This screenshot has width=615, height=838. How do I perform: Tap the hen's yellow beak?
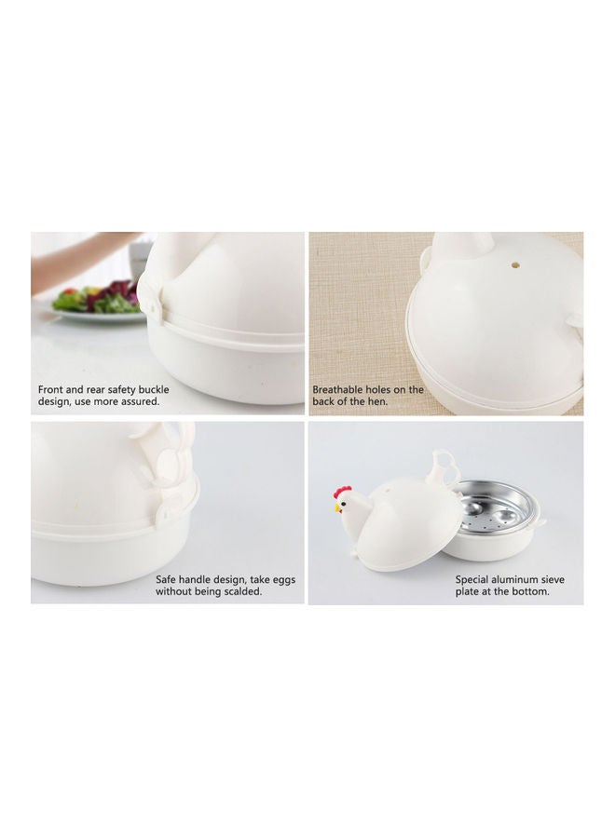click(x=337, y=508)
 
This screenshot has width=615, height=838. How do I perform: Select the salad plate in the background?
click(x=96, y=307)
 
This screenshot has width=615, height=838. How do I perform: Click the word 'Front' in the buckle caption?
click(x=50, y=389)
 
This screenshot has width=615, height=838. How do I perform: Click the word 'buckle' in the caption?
click(x=153, y=389)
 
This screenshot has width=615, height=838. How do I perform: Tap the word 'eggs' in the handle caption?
click(x=284, y=580)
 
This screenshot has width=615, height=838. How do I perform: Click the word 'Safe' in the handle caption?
click(x=166, y=579)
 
